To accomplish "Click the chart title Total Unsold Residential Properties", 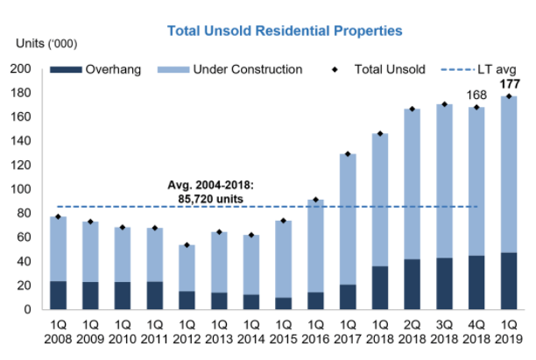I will pyautogui.click(x=286, y=30).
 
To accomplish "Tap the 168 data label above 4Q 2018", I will pyautogui.click(x=476, y=95).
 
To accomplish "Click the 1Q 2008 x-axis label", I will pyautogui.click(x=58, y=332).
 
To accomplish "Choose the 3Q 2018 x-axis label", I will pyautogui.click(x=441, y=332).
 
